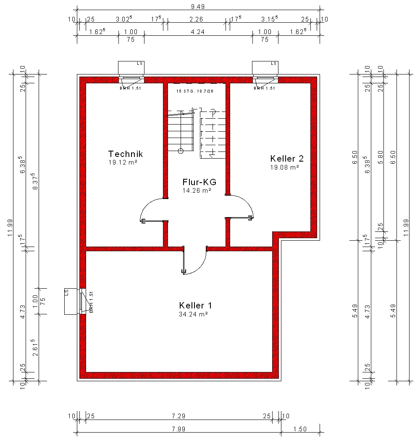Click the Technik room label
pos(126,154)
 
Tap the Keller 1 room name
pos(195,306)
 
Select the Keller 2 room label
pos(287,159)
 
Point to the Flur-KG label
pos(199,182)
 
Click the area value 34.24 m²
pos(193,314)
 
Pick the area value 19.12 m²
pos(123,162)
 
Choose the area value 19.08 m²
pos(284,167)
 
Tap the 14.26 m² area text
pos(197,190)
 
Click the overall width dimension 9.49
pos(198,6)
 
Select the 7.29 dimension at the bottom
pos(178,416)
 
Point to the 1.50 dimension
pos(300,429)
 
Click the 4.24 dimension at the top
pos(198,32)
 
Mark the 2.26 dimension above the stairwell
pos(196,19)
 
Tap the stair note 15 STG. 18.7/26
pos(195,91)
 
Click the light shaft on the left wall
pos(71,301)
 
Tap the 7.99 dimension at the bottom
pos(178,429)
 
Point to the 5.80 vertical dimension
pos(381,157)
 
